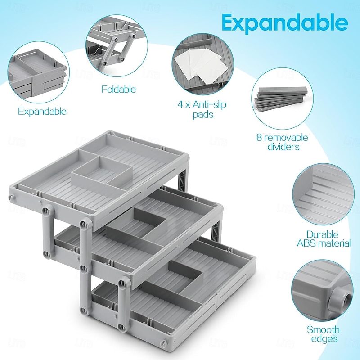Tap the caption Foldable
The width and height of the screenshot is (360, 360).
click(x=118, y=89)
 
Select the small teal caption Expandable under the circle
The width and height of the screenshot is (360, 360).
click(x=42, y=111)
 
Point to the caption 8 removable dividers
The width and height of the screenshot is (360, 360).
click(x=282, y=142)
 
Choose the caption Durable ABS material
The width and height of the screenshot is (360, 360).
click(x=323, y=238)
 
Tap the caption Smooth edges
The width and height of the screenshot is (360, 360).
click(x=323, y=334)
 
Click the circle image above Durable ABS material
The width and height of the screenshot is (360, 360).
click(x=323, y=193)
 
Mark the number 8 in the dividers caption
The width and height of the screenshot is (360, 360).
click(x=260, y=138)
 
